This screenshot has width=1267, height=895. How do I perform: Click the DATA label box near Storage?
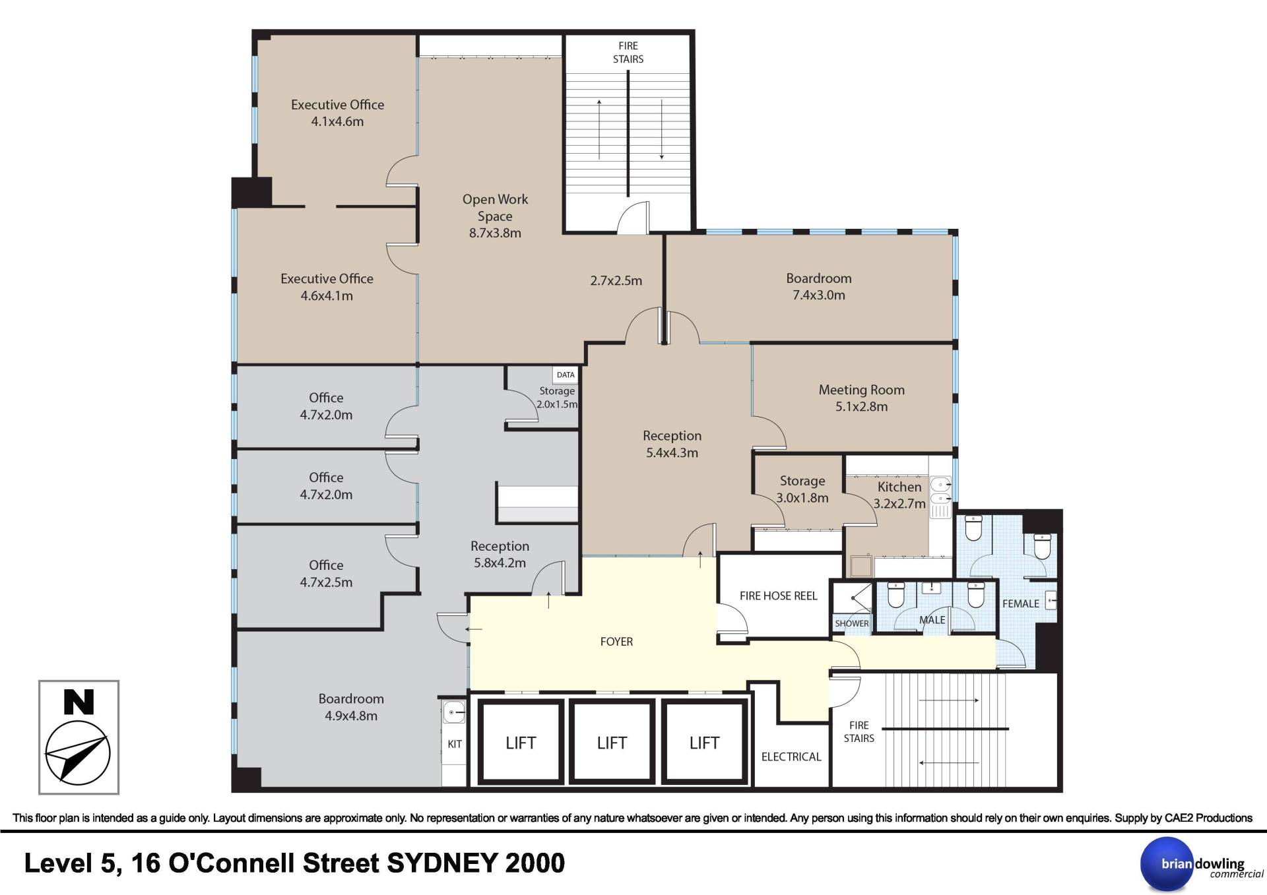[x=566, y=375]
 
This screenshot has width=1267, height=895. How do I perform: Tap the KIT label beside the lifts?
[x=455, y=744]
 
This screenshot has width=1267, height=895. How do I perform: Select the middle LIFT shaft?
[x=612, y=743]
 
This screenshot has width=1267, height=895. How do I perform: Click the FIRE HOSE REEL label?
[x=778, y=596]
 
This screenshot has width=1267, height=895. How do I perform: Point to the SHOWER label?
[x=851, y=623]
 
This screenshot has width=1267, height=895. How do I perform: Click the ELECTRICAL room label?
[x=791, y=756]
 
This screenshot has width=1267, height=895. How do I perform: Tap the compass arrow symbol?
[x=77, y=753]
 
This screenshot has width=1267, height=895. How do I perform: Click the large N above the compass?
[x=79, y=702]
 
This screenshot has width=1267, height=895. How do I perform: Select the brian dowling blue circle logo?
[x=1167, y=864]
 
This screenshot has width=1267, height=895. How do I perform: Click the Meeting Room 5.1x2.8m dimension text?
[x=861, y=406]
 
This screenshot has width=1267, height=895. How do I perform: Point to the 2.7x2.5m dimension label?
[x=616, y=280]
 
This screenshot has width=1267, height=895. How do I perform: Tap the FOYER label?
[x=616, y=641]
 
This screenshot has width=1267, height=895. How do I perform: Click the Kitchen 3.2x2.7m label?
[x=899, y=495]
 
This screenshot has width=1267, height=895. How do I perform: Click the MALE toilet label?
[x=932, y=620]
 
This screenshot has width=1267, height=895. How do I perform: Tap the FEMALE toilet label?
[x=1020, y=603]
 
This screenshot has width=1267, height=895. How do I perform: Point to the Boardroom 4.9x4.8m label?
[x=351, y=707]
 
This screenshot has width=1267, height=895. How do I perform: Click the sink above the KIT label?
[x=454, y=712]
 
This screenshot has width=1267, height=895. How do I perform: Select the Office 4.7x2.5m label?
[x=326, y=573]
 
